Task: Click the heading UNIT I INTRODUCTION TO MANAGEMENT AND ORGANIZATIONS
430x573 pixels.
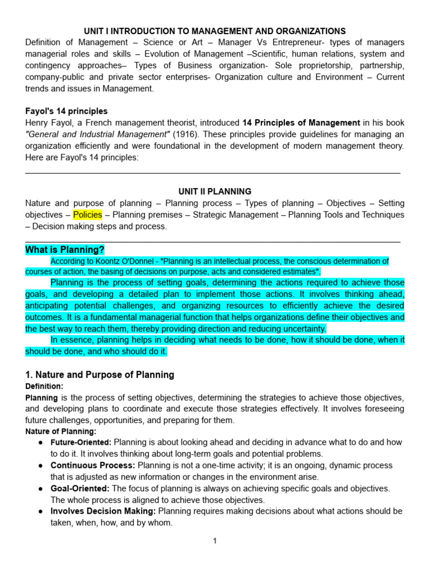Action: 214,31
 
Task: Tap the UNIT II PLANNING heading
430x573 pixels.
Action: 214,191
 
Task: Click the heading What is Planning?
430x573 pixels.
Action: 65,250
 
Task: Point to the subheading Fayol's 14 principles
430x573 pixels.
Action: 67,111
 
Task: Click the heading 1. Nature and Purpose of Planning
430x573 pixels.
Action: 100,375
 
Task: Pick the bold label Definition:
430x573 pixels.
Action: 44,386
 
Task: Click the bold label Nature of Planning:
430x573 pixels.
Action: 61,431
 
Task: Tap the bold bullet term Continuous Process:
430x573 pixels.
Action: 93,466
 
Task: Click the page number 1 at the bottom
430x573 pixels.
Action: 214,541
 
